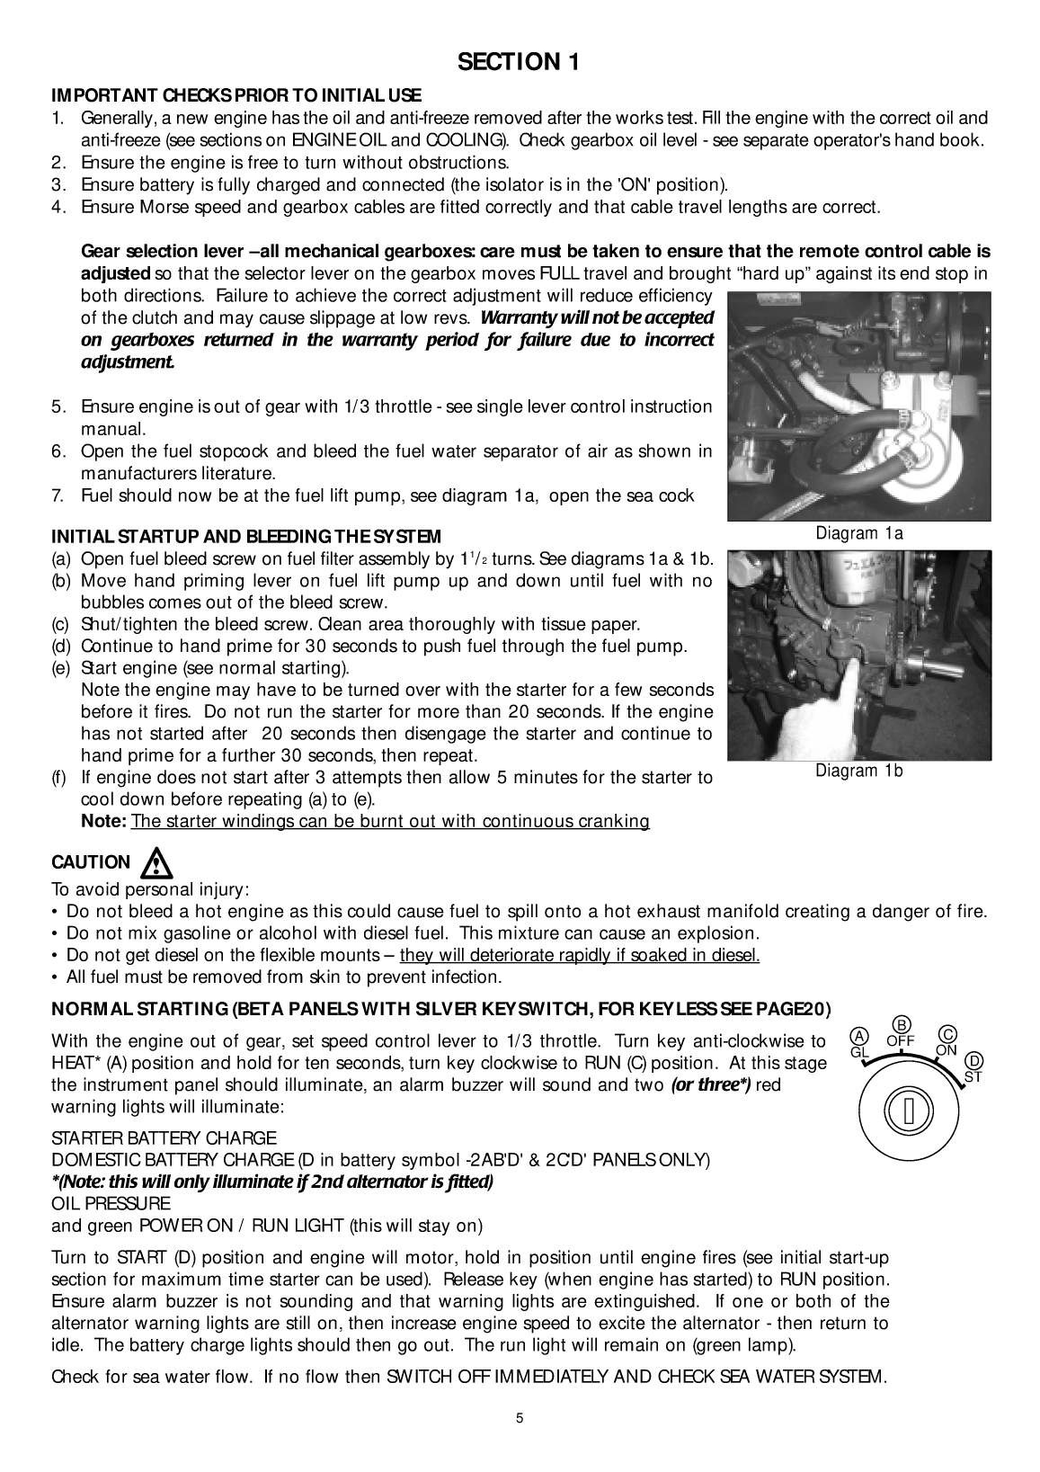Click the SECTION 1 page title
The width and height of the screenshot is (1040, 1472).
pos(519,61)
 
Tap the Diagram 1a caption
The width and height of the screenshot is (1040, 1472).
pos(858,533)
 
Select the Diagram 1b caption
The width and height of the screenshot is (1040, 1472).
pos(858,770)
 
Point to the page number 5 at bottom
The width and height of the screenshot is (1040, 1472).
pos(520,1420)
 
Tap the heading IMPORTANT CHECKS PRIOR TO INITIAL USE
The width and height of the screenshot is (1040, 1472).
pos(236,95)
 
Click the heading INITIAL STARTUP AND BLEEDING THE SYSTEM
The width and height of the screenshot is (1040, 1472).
pos(246,537)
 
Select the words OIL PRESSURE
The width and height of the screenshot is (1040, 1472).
pos(111,1203)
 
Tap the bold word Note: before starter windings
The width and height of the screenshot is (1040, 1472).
pos(104,821)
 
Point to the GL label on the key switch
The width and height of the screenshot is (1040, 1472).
pos(860,1050)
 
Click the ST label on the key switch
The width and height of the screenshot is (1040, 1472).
pos(973,1075)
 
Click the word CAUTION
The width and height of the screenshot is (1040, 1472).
pos(91,862)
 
